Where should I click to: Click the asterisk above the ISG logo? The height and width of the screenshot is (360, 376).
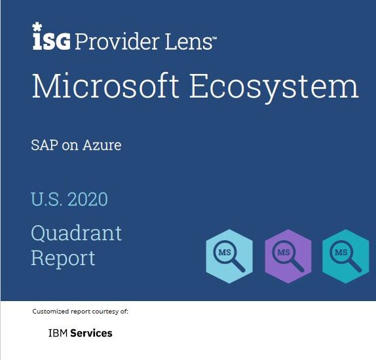click(37, 27)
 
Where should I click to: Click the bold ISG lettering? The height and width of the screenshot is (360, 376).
click(52, 41)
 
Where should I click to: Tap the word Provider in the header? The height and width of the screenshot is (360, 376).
click(117, 41)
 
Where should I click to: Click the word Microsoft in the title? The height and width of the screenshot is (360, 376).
click(105, 86)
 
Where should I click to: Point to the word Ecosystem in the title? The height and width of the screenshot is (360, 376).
click(274, 88)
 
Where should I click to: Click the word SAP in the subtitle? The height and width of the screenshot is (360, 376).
click(45, 145)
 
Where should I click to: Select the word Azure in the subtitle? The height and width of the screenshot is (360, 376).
click(102, 145)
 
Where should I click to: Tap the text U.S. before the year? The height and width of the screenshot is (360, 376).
click(47, 199)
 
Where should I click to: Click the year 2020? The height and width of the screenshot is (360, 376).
click(88, 199)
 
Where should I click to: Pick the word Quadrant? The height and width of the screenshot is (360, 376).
click(77, 233)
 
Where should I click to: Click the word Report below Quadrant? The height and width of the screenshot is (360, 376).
click(63, 259)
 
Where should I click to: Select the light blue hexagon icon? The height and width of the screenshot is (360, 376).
click(229, 256)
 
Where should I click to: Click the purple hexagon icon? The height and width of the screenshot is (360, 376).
click(288, 256)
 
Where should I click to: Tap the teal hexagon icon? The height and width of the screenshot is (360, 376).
click(346, 256)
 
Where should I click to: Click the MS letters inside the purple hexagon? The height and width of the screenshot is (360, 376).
click(284, 253)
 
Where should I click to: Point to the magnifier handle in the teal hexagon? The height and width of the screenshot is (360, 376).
click(356, 266)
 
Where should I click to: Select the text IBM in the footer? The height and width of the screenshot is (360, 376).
click(58, 333)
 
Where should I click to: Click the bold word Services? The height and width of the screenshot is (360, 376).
click(91, 333)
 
